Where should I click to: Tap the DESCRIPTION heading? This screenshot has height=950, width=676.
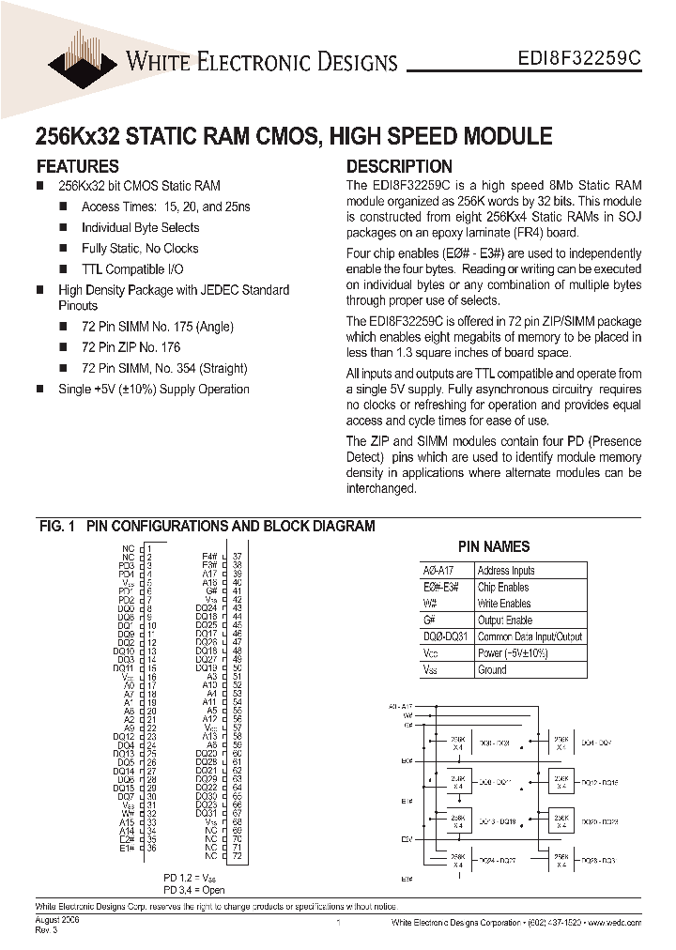399,166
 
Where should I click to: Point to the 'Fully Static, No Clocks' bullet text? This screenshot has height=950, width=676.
140,249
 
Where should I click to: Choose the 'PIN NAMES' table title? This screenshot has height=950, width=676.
493,546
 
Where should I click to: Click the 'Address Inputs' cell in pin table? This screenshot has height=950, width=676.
506,571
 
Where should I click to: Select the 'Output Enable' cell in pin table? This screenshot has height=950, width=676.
505,621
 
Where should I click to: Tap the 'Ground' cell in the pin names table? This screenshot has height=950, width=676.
492,670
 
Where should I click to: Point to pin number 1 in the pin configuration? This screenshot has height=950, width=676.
149,548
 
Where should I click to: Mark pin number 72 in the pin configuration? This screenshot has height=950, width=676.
237,856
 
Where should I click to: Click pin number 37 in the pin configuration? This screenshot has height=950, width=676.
237,556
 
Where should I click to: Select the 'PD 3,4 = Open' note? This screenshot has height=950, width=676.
193,889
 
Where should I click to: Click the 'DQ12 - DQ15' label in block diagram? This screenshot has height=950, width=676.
598,781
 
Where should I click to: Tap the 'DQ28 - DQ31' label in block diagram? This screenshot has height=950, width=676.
598,859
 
